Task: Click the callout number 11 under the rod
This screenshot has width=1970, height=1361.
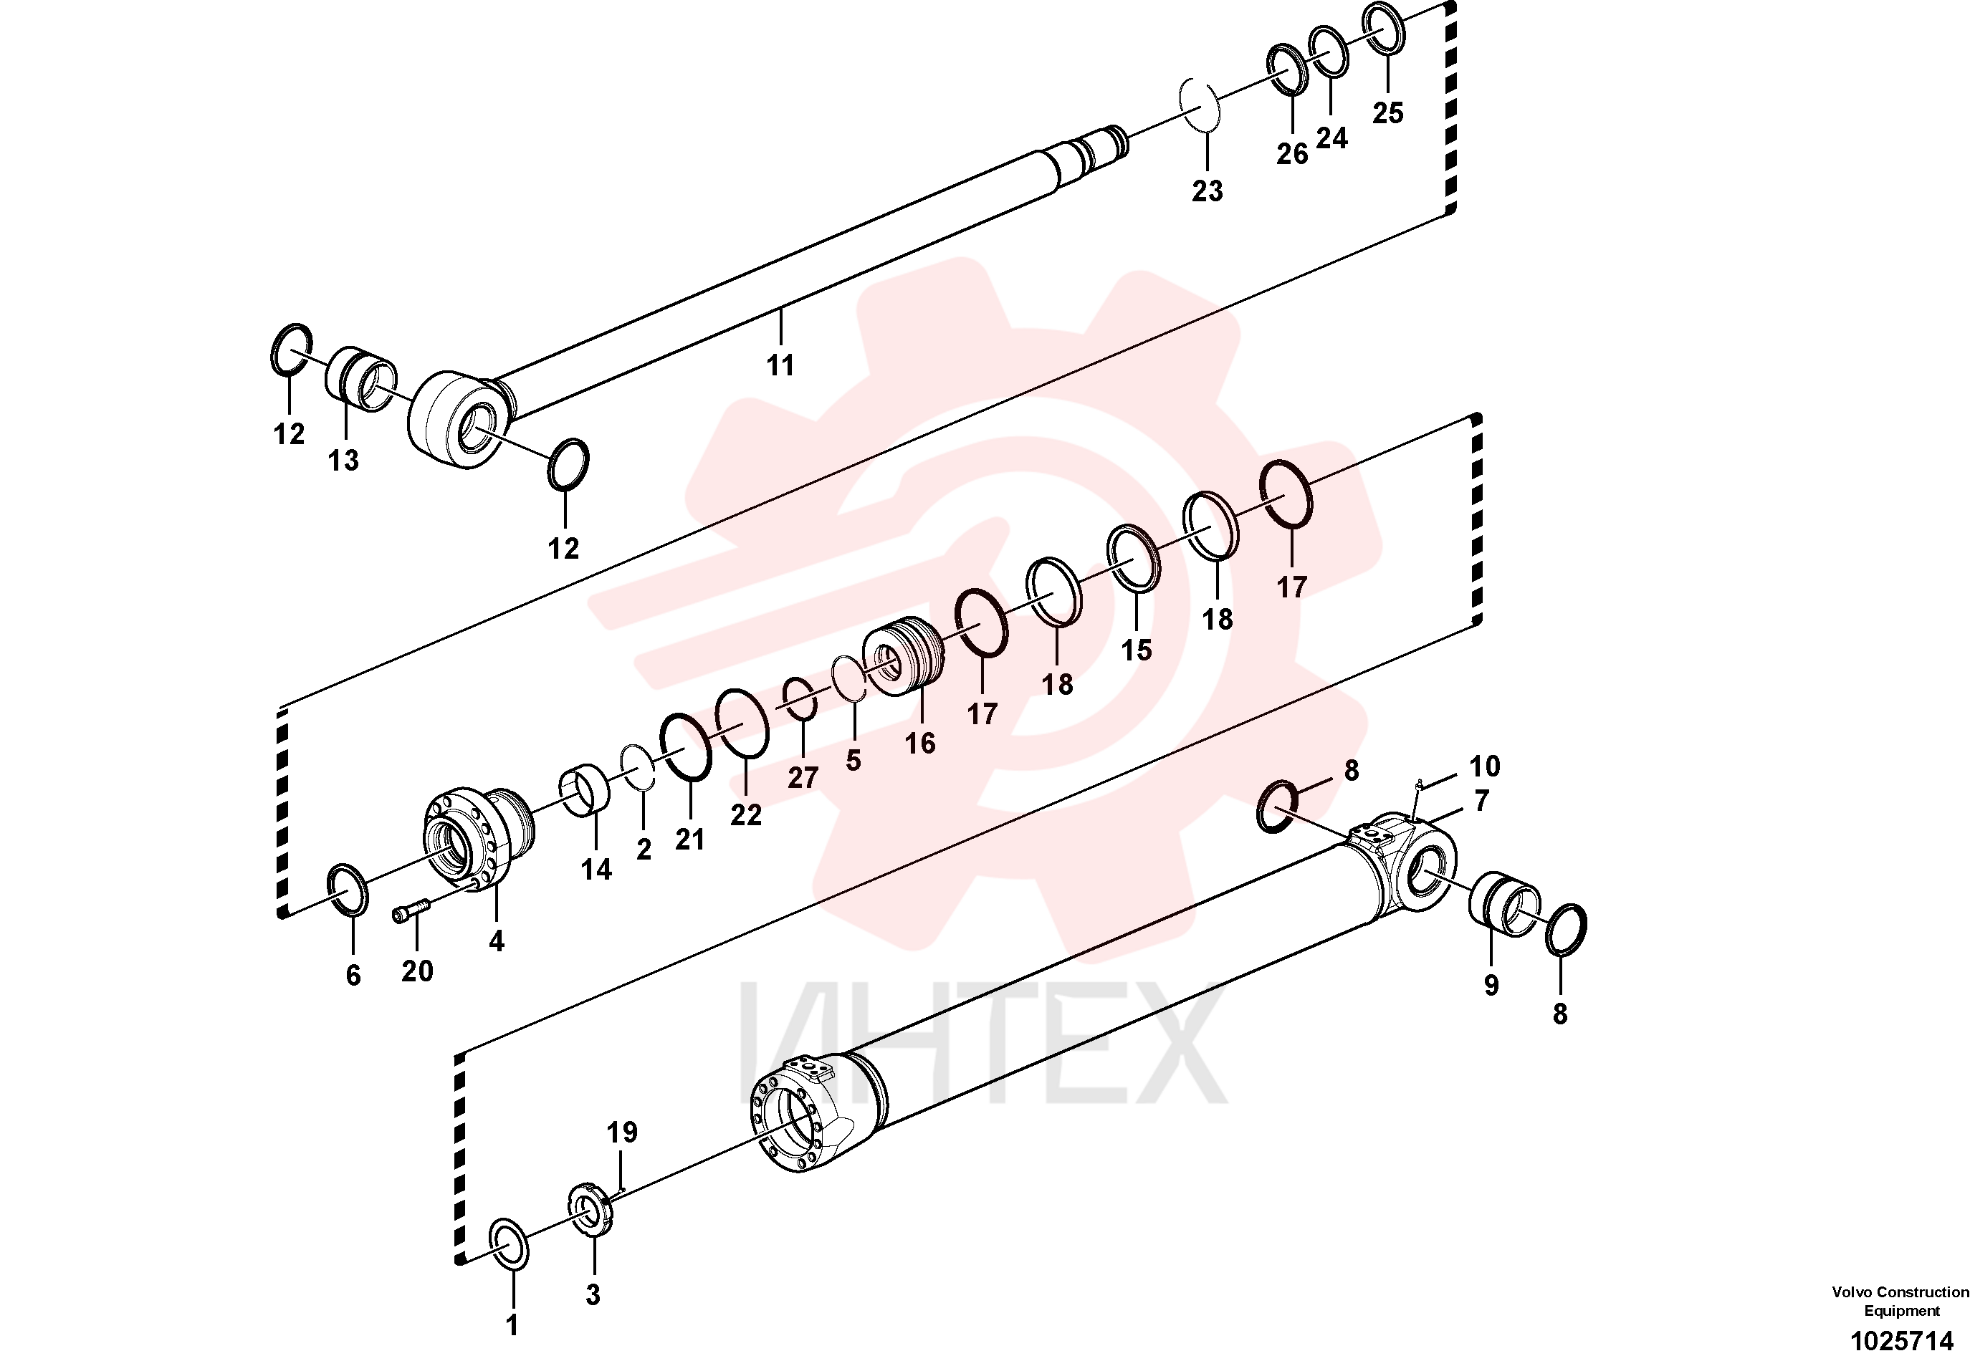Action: [780, 365]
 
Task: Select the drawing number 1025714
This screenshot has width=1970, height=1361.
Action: [1902, 1340]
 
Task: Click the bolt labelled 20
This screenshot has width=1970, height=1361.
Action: [411, 913]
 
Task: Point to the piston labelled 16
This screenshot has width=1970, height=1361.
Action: [904, 655]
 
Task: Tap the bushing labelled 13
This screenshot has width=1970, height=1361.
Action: [362, 379]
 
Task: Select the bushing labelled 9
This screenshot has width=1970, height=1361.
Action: [1503, 903]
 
